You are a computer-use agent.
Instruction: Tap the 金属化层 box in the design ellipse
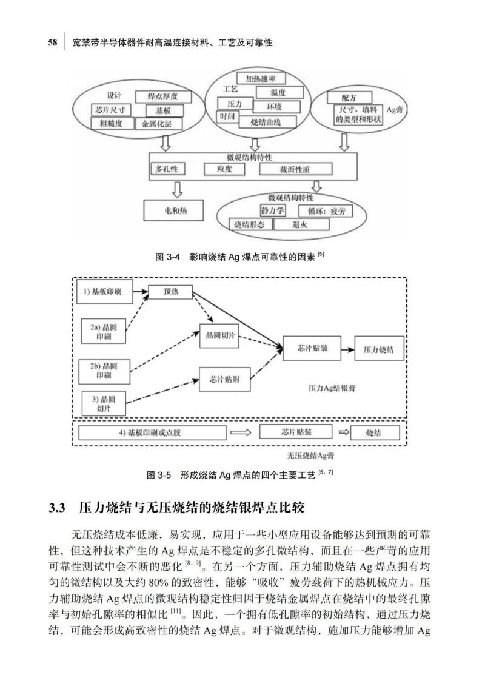pos(157,124)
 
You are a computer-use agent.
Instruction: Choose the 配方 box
pos(349,97)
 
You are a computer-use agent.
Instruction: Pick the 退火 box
pos(301,224)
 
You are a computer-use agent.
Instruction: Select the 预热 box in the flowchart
pos(170,292)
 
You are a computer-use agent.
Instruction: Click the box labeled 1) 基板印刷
pos(107,292)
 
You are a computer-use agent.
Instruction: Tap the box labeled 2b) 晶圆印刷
pos(104,371)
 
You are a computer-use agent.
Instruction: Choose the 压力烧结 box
pos(379,351)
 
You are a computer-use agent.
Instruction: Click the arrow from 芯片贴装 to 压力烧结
pos(347,350)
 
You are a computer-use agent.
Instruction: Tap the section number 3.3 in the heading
pos(56,508)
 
